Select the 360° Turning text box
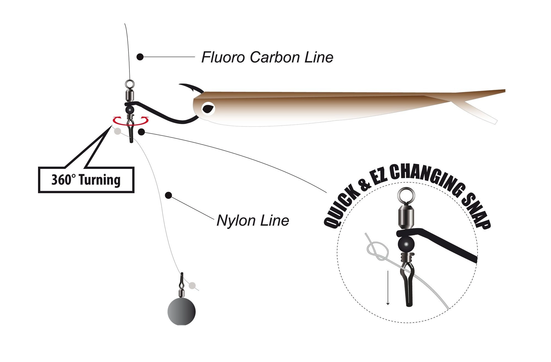coord(86,180)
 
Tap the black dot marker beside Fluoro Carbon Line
coord(140,57)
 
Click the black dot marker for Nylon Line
coord(168,196)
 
